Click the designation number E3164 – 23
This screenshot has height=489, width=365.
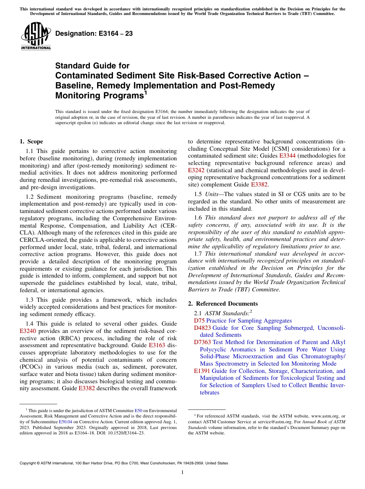pos(94,34)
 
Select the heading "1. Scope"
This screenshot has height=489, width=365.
pos(31,141)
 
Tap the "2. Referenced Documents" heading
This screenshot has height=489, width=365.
pos(217,304)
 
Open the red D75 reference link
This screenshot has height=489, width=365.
pos(199,321)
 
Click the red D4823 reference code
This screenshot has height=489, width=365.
pos(202,328)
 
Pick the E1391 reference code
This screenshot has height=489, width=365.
pos(202,371)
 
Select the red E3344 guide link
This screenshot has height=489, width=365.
pos(287,156)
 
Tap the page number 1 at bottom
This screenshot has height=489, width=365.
pos(182,472)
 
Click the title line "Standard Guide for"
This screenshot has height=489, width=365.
pos(93,66)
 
